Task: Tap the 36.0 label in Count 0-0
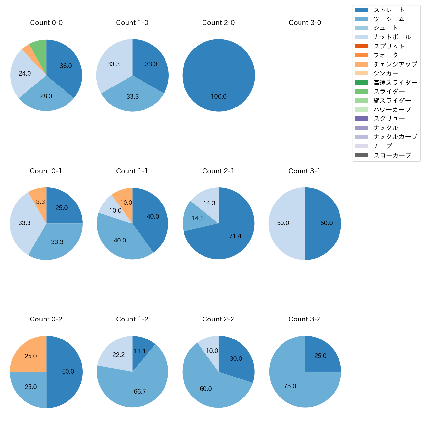pyautogui.click(x=66, y=66)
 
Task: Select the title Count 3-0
pyautogui.click(x=305, y=23)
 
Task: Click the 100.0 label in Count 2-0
pyautogui.click(x=219, y=97)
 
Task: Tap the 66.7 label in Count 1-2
pyautogui.click(x=140, y=392)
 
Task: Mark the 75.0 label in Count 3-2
pyautogui.click(x=290, y=386)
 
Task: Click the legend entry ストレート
pyautogui.click(x=389, y=10)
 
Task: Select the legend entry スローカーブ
pyautogui.click(x=392, y=155)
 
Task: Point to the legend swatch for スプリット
pyautogui.click(x=361, y=46)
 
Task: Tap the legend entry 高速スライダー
pyautogui.click(x=395, y=83)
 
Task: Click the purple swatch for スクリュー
pyautogui.click(x=361, y=119)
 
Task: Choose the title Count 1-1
pyautogui.click(x=132, y=171)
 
